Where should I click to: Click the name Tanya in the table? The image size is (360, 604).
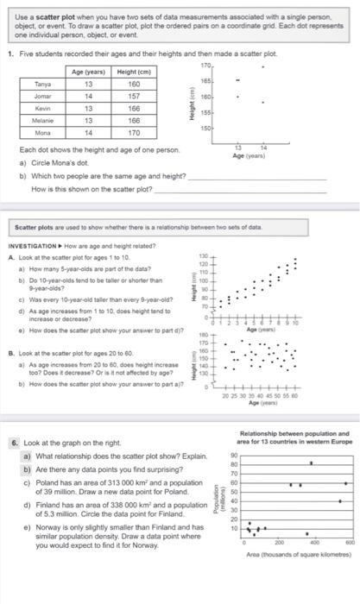tap(41, 85)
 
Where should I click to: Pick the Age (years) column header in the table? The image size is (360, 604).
tap(88, 72)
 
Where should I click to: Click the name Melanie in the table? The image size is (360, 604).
tap(41, 122)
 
